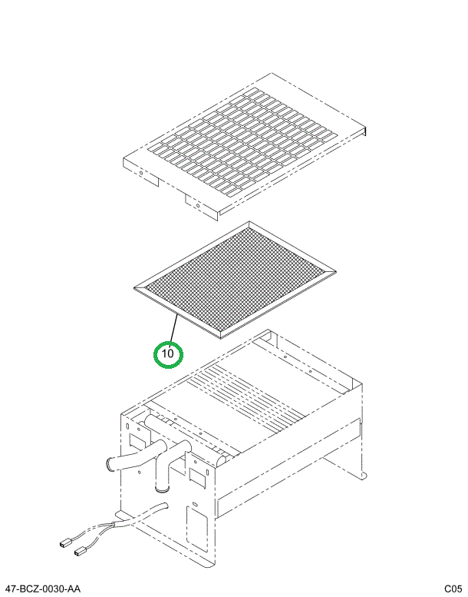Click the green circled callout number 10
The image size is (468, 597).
coord(168,354)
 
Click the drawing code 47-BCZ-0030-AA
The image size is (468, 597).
coord(42,589)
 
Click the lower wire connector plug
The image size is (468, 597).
coord(80,551)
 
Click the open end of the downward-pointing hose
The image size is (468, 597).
coord(162,487)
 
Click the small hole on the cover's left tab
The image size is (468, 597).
coord(141,174)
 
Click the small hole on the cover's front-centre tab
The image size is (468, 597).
coord(196,205)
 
